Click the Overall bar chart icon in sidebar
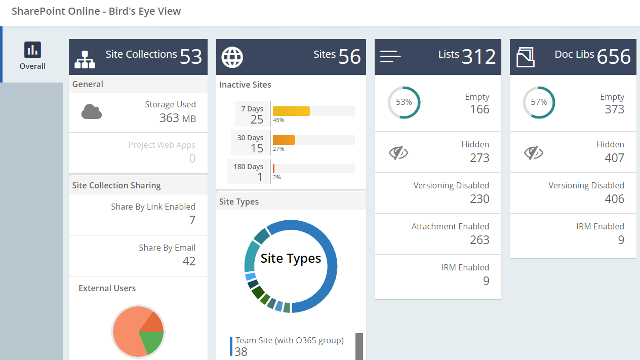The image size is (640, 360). (32, 50)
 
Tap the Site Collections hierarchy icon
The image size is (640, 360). (85, 59)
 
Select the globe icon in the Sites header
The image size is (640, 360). (232, 57)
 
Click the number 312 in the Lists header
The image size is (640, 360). (478, 57)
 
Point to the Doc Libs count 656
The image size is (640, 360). (614, 57)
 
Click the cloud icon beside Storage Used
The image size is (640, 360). (92, 111)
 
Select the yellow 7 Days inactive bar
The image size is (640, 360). (291, 111)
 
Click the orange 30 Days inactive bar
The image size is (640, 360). (284, 140)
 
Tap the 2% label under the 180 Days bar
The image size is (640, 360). (277, 178)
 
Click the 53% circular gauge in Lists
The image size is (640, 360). (404, 102)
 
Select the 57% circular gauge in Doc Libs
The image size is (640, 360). (539, 102)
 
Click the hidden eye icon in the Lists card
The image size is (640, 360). (398, 152)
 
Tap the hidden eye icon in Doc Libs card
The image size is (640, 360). (533, 152)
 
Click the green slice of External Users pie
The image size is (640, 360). (151, 341)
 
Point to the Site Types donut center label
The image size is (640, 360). (291, 259)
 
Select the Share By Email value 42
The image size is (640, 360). (189, 261)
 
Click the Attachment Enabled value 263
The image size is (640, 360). (479, 240)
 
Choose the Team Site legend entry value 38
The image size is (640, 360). (241, 352)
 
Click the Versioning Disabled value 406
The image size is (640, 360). (614, 199)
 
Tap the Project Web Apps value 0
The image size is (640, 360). (192, 158)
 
